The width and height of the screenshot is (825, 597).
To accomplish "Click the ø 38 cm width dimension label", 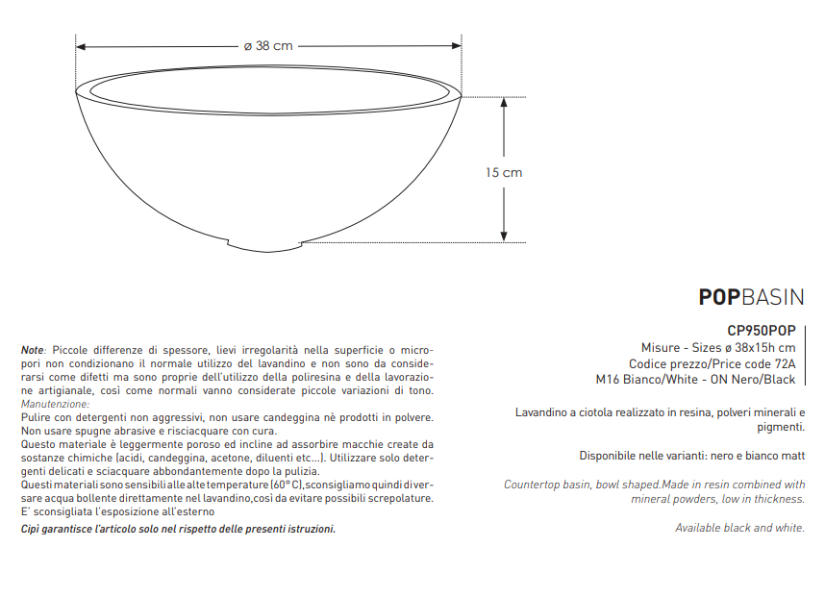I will click(x=268, y=45).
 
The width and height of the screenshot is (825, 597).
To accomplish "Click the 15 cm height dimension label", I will click(x=504, y=173).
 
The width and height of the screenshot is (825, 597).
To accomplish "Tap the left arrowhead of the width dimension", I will click(x=81, y=46).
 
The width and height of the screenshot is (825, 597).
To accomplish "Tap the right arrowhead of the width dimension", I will click(x=457, y=46).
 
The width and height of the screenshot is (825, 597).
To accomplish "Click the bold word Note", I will click(x=32, y=350).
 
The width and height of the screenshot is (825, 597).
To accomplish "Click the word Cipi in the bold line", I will click(x=31, y=530).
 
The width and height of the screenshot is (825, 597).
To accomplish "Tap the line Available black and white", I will click(x=739, y=528).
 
